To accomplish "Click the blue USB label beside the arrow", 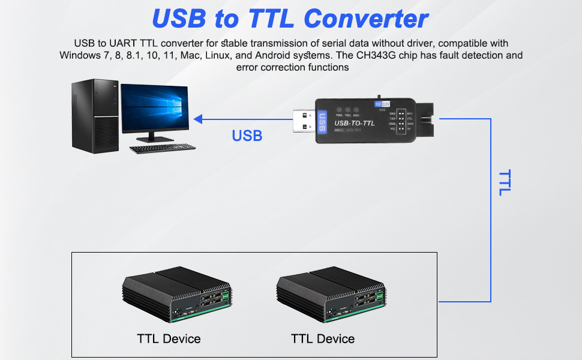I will click(x=247, y=136).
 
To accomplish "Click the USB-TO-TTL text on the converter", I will click(x=354, y=124).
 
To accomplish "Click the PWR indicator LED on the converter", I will click(x=339, y=110).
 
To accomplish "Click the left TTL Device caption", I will click(x=169, y=338).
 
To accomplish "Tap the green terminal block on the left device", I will click(x=225, y=296).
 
